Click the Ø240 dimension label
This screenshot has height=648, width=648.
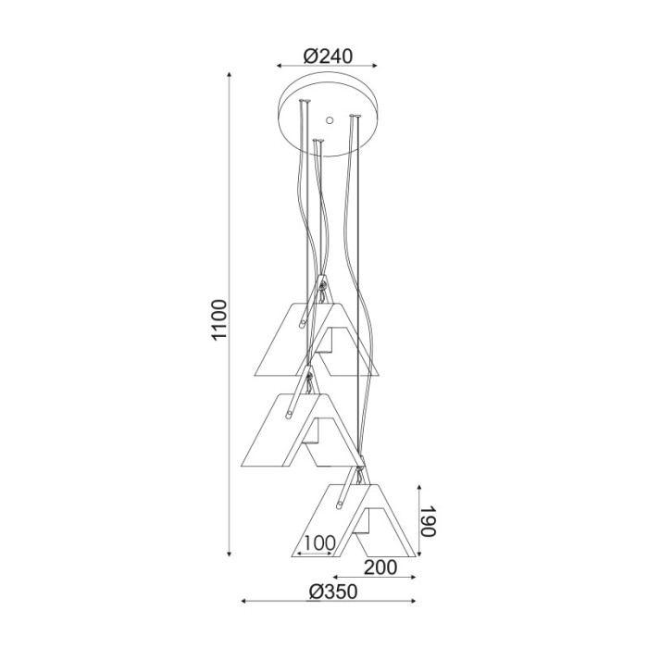328,56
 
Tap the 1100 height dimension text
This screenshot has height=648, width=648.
219,319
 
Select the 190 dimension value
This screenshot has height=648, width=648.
429,520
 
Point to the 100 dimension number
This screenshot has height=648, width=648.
319,542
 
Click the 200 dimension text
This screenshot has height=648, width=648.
380,567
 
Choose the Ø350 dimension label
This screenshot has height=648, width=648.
333,592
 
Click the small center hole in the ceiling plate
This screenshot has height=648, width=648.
330,120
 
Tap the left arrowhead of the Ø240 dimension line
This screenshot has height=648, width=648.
280,66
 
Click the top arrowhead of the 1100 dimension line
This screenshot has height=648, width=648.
229,75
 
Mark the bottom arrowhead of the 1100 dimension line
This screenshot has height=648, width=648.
229,554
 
